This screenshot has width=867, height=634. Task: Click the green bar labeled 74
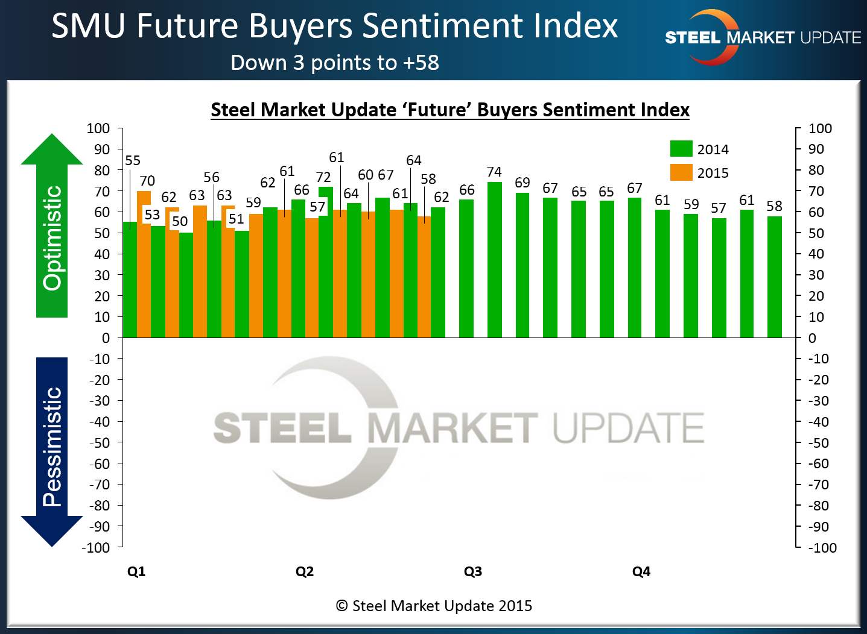494,259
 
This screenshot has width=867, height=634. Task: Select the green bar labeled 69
522,265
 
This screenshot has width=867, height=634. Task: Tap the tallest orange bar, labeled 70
144,265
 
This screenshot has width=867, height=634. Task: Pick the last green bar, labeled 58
774,277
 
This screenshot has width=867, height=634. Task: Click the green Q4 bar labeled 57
719,277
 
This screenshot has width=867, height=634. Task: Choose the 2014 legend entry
699,149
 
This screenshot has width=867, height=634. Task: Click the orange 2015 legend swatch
681,172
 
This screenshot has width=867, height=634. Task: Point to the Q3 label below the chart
472,571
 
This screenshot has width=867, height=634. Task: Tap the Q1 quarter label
136,571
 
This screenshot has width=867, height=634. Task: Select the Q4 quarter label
641,571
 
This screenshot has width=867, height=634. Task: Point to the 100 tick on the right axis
820,128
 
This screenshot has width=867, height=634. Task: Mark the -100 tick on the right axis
822,548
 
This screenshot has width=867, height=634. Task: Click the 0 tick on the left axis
106,338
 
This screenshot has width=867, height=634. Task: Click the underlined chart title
449,110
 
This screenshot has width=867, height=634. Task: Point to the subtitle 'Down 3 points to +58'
335,63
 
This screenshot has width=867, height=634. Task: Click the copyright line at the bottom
434,606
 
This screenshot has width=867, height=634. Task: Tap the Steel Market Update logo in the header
763,37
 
